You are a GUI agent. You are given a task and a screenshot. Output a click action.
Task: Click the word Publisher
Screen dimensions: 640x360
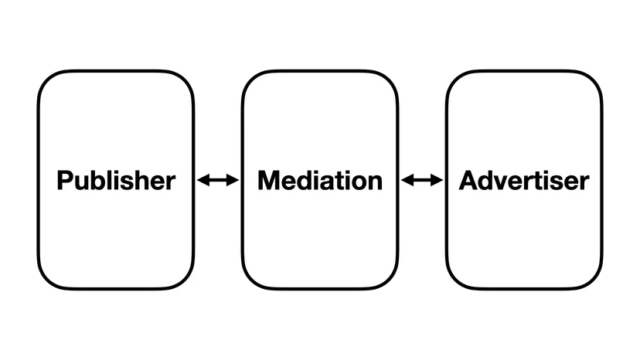(x=116, y=181)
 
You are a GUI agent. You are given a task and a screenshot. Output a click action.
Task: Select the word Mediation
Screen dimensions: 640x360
(x=320, y=181)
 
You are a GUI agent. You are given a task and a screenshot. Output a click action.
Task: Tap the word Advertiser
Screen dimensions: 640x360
(x=524, y=181)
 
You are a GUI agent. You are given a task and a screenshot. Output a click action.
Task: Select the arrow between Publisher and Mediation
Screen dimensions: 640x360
(x=218, y=180)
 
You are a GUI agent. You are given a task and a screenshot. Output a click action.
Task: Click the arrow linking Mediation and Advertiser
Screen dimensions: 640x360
(x=422, y=180)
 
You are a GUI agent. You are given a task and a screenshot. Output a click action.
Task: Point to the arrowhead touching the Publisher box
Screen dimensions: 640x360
(x=203, y=180)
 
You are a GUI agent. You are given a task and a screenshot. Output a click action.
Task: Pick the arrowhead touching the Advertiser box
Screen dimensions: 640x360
(x=437, y=180)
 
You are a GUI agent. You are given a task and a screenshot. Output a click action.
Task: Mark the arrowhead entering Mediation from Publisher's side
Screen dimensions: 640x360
(x=233, y=180)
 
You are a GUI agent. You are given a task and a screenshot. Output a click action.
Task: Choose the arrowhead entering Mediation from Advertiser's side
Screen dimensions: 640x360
(x=407, y=180)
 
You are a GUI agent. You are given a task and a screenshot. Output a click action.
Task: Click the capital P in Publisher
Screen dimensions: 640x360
(x=65, y=181)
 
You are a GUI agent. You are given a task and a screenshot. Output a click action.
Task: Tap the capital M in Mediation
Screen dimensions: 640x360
(x=268, y=181)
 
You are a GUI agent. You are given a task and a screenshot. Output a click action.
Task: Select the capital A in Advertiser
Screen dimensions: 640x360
(x=468, y=181)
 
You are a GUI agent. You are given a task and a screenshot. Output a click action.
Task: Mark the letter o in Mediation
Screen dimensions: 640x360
(x=358, y=183)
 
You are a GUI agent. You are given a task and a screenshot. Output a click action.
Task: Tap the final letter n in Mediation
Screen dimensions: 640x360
(x=376, y=183)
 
